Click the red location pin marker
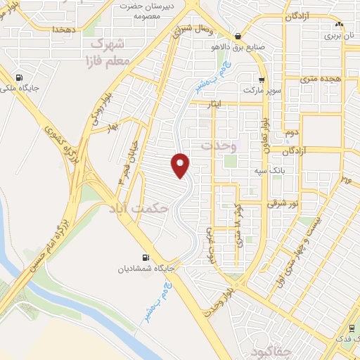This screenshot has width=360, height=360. [181, 165]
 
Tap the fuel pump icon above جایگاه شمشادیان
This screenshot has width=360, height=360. [146, 258]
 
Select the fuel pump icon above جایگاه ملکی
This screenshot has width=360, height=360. [18, 78]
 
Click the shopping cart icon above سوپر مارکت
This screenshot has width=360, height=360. [262, 80]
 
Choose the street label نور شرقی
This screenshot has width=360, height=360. [283, 203]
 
